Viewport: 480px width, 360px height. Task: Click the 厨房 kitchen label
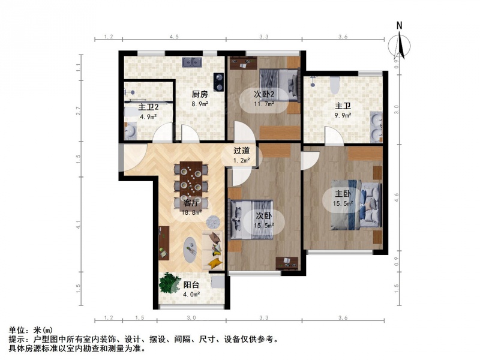coord(200,94)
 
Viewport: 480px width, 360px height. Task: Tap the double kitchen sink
coord(192,62)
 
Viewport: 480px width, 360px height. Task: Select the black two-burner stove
coord(218,82)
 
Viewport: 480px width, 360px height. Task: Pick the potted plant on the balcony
coord(169,282)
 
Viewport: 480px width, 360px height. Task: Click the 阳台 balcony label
coord(191,284)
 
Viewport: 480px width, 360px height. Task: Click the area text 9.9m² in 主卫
coord(343,115)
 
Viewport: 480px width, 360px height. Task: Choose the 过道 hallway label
coord(242,151)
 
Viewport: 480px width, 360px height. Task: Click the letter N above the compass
coord(399,26)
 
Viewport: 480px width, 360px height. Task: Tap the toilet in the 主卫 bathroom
coord(335,85)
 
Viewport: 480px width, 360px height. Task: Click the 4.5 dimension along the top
coord(174,37)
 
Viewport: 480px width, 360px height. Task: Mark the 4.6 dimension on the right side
coord(397,197)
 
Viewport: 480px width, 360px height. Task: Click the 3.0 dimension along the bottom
coord(191,318)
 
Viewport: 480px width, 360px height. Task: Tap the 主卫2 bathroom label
coord(148,107)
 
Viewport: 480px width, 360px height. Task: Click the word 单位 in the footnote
coord(17,331)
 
